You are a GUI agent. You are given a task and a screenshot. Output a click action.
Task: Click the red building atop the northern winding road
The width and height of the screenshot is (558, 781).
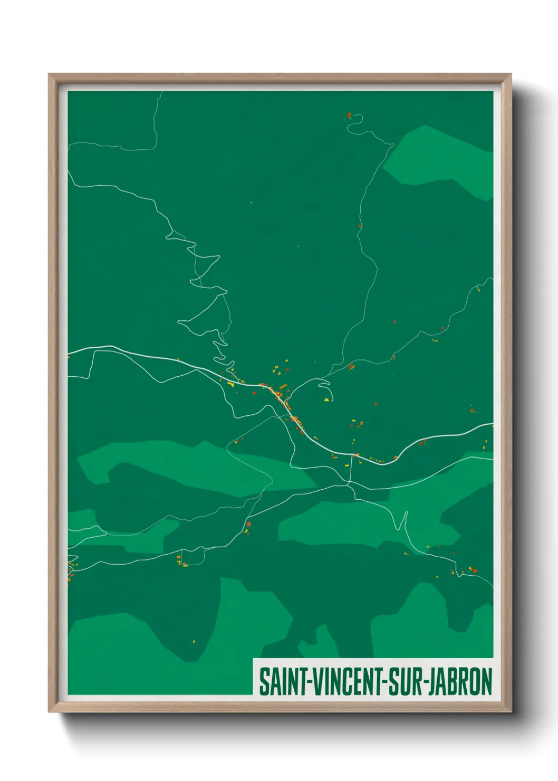pos(349,115)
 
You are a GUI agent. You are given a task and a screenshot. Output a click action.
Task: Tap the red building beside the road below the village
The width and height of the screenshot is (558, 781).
pos(248,525)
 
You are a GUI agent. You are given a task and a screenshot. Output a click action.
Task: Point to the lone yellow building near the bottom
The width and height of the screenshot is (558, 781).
pos(193,642)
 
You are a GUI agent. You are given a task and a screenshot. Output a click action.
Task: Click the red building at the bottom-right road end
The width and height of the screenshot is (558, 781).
pos(473,569)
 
